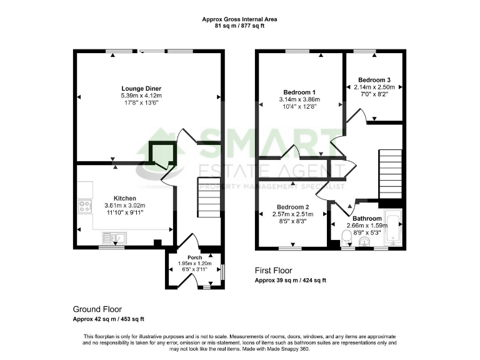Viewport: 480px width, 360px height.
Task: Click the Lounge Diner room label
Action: [141, 88]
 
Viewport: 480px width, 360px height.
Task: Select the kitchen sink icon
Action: [115, 237]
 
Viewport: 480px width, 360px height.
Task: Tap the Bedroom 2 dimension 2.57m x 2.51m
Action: [294, 214]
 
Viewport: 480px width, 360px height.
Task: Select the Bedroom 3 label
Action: [374, 80]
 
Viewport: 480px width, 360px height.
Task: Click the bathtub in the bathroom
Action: [394, 226]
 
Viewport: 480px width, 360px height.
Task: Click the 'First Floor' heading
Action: [273, 271]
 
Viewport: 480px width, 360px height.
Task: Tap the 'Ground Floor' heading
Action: [97, 309]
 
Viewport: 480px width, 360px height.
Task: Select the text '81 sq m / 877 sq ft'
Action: [239, 26]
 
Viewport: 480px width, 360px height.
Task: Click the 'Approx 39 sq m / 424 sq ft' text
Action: [290, 281]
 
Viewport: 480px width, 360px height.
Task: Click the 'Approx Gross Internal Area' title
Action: [239, 19]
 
